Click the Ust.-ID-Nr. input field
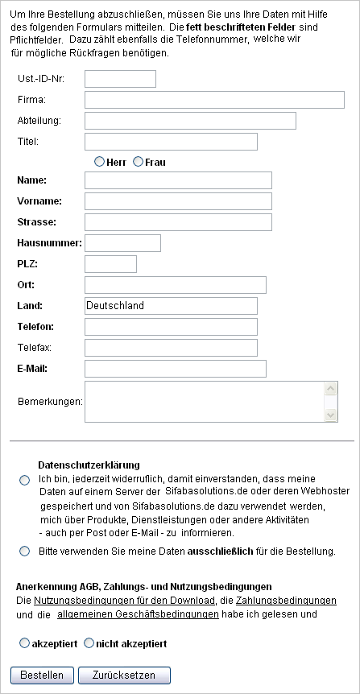pos(120,79)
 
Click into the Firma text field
pos(214,100)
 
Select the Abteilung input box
pos(190,121)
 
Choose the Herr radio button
pos(100,162)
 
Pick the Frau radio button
pos(139,162)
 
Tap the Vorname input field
pos(178,201)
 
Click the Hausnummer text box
pos(122,243)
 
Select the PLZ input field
pos(110,264)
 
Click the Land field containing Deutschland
pos(171,306)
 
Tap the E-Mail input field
pos(175,369)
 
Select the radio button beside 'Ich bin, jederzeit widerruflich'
pos(23,481)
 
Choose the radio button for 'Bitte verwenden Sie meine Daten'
pos(23,551)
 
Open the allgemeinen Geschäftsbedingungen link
pos(138,613)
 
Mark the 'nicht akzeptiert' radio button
pos(89,644)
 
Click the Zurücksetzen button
pos(125,675)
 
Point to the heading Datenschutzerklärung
pos(89,465)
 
